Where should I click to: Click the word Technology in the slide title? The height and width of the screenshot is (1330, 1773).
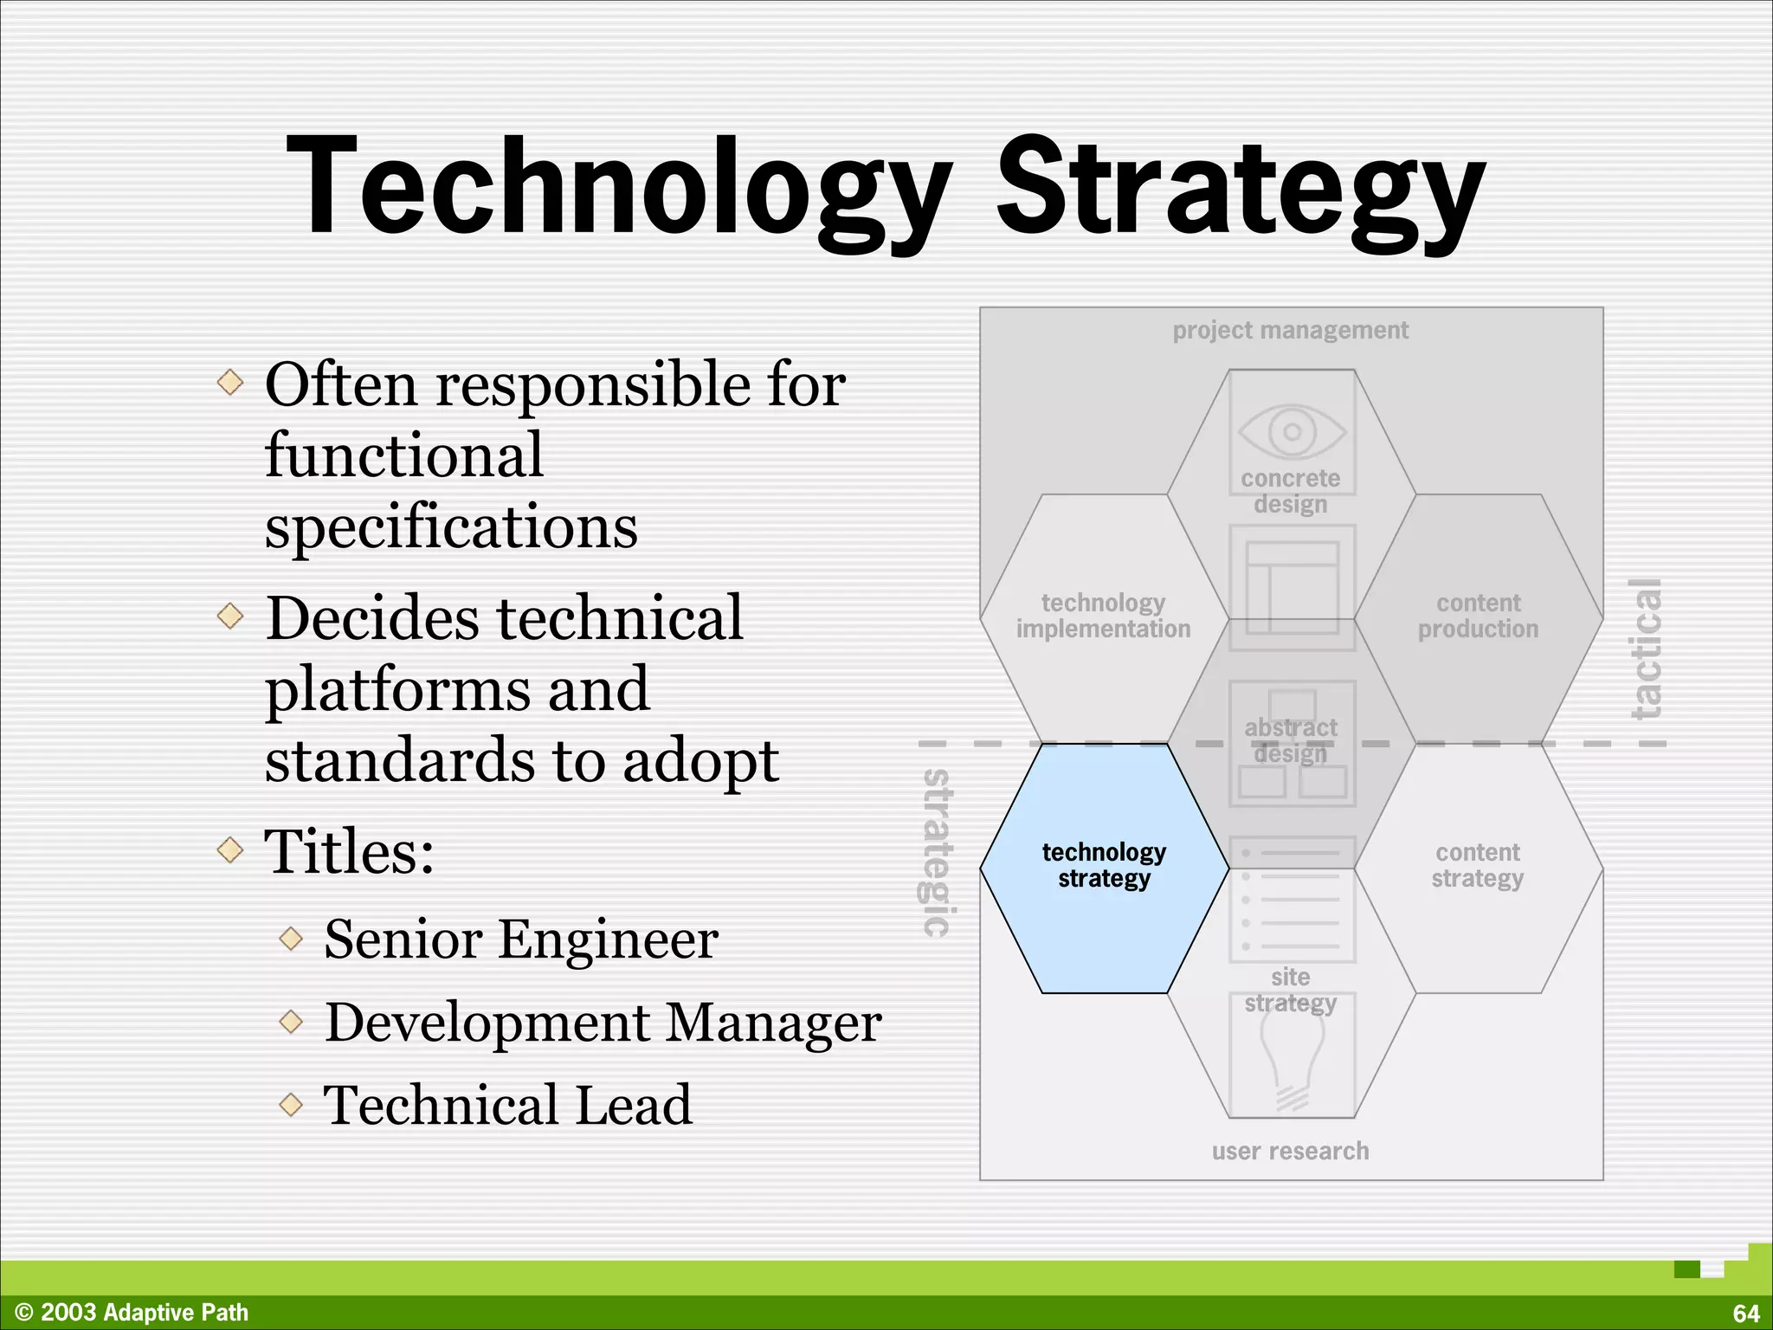[618, 186]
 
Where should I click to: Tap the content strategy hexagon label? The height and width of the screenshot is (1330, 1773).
[1477, 865]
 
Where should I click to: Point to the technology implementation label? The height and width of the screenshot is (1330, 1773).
[1103, 616]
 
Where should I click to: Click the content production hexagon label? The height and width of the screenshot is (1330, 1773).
[1478, 616]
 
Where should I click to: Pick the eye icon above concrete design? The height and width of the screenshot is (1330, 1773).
[1292, 431]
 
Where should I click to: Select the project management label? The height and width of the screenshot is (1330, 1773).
[1290, 330]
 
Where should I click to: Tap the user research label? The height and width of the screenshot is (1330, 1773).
[1290, 1151]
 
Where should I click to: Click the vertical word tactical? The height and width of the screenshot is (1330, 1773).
[1646, 649]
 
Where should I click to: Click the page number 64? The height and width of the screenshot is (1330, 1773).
[1746, 1314]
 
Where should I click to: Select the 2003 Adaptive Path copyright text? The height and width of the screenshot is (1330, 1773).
[132, 1313]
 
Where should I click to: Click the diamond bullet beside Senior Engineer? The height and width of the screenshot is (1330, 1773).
[292, 938]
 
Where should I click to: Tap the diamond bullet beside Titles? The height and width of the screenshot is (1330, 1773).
[230, 849]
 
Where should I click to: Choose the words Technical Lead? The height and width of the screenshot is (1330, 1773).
[507, 1105]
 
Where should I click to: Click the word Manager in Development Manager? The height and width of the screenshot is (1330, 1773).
[773, 1022]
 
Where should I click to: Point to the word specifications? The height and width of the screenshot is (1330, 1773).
[451, 527]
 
